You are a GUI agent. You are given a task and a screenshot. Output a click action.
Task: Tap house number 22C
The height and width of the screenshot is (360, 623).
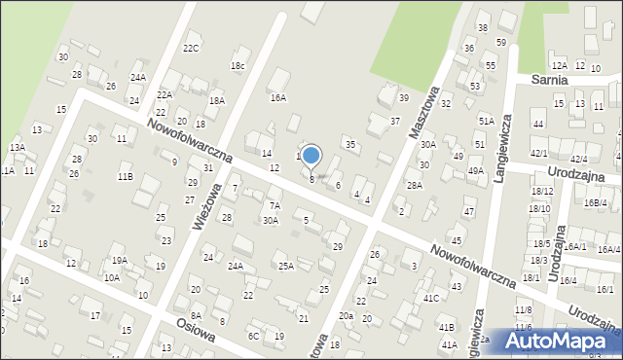click(191, 48)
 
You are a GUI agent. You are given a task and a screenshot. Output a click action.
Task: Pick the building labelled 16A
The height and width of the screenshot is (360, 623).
click(278, 97)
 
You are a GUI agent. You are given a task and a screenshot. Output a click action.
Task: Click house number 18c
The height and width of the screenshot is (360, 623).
click(238, 65)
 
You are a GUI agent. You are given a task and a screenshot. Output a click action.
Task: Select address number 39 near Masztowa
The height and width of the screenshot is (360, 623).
click(403, 97)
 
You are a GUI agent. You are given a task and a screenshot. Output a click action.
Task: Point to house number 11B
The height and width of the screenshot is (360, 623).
click(126, 176)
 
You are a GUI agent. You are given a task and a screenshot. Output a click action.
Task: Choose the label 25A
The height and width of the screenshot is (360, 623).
click(285, 266)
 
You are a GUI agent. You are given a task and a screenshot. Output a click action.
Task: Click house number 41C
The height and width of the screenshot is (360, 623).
click(431, 298)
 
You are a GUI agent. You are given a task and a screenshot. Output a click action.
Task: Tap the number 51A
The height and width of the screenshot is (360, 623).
click(486, 121)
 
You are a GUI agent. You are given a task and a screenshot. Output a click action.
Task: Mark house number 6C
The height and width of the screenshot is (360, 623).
click(253, 336)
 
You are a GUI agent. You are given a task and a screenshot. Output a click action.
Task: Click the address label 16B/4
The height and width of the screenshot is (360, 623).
click(595, 202)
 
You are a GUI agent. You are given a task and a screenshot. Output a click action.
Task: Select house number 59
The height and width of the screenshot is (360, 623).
click(500, 43)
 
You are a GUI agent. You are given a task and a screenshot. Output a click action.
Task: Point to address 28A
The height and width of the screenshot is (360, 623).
click(415, 185)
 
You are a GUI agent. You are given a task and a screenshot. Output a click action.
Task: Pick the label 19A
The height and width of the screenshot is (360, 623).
click(119, 260)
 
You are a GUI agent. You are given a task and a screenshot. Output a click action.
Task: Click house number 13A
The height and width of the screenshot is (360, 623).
click(17, 147)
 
